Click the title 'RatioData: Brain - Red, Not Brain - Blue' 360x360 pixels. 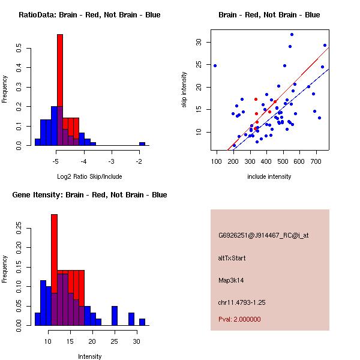[89, 14]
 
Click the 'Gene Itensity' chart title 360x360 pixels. [89, 195]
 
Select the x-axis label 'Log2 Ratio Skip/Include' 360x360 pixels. [89, 176]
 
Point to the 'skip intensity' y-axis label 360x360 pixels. [185, 90]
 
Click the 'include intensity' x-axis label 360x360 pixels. [269, 176]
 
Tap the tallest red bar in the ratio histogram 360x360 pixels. [60, 90]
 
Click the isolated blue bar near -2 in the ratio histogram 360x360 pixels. [142, 144]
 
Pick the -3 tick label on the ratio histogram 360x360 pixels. [111, 161]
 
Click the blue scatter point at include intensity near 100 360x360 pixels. [215, 65]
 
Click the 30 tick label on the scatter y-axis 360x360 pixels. [199, 42]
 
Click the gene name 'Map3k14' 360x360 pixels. [231, 280]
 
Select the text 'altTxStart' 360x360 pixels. [232, 258]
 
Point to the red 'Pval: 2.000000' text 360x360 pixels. [239, 319]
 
